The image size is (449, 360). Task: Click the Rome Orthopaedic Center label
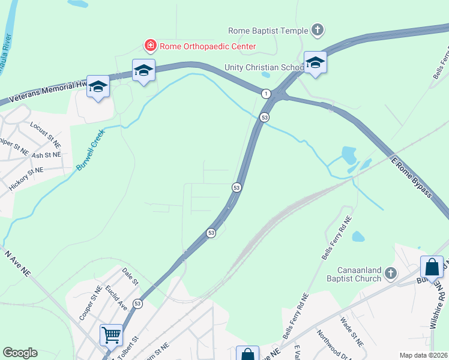pyautogui.click(x=207, y=46)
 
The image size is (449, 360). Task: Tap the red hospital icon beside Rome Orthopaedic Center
pyautogui.click(x=150, y=46)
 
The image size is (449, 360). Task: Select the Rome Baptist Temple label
pyautogui.click(x=267, y=30)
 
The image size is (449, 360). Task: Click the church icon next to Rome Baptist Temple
pyautogui.click(x=318, y=29)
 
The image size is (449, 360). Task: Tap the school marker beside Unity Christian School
pyautogui.click(x=315, y=62)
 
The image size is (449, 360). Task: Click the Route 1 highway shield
pyautogui.click(x=265, y=94)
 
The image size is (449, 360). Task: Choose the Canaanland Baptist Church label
pyautogui.click(x=354, y=274)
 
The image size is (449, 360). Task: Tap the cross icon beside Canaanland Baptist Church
pyautogui.click(x=390, y=274)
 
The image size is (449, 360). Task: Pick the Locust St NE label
pyautogui.click(x=46, y=130)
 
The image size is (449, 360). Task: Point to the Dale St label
pyautogui.click(x=130, y=277)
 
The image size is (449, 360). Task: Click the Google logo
pyautogui.click(x=20, y=353)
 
